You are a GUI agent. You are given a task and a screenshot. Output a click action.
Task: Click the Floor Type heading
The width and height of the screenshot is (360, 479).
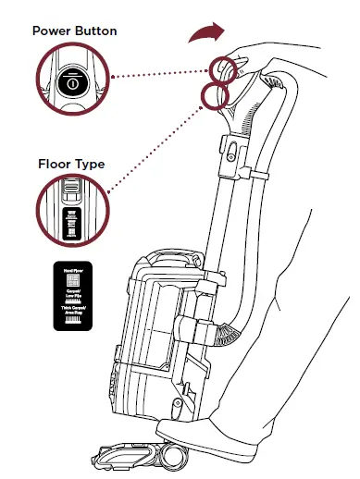pyautogui.click(x=70, y=165)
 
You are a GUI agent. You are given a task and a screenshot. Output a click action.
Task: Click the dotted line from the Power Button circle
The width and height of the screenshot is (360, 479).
pyautogui.click(x=157, y=74)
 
